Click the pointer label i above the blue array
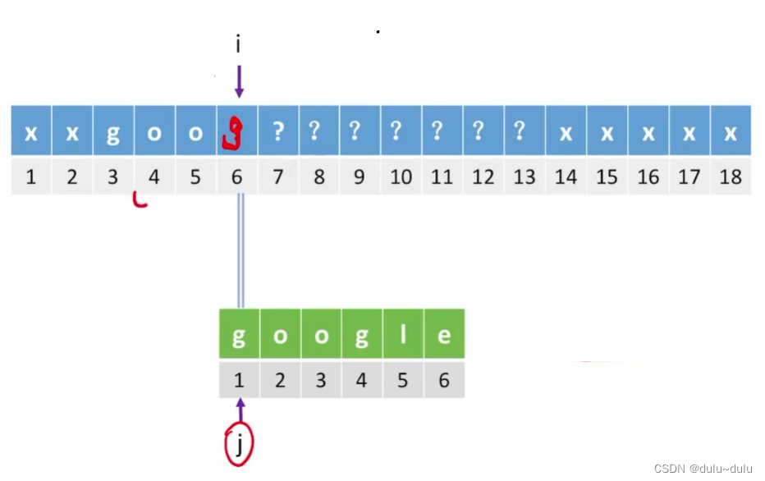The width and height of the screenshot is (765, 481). (238, 44)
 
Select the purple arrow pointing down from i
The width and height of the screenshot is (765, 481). (238, 82)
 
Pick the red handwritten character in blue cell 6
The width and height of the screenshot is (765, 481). (235, 135)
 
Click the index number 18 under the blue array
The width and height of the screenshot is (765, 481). (730, 176)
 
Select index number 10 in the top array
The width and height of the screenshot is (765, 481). (401, 176)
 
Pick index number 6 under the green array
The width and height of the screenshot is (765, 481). (444, 381)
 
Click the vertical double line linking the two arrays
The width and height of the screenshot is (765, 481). (240, 250)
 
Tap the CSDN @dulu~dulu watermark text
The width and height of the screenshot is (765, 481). (703, 468)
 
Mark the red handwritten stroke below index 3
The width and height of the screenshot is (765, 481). (140, 200)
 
